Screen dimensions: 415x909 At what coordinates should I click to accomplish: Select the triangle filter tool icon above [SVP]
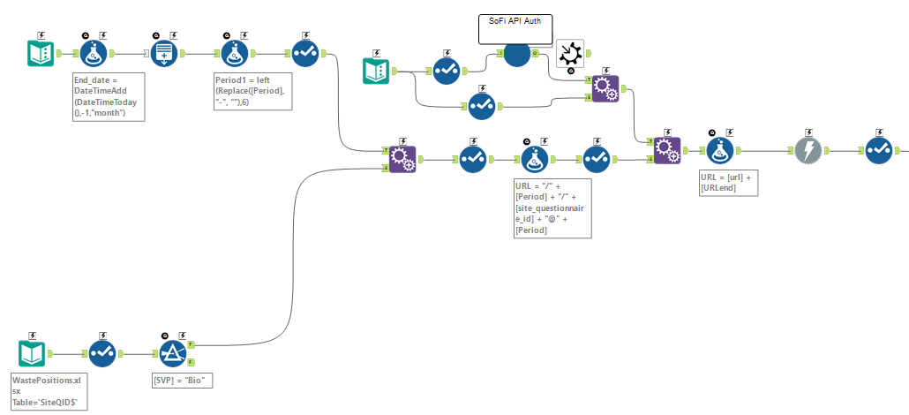coord(174,353)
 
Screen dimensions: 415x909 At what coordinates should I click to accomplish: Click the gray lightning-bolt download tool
coord(807,150)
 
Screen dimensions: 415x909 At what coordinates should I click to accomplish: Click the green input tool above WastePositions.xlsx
coord(32,353)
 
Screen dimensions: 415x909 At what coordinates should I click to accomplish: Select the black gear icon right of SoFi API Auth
coord(571,54)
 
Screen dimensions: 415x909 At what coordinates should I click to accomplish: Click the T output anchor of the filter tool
coord(192,344)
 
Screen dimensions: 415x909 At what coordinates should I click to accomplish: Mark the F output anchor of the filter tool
coord(192,362)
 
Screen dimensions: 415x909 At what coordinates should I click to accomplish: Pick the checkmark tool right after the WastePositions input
coord(102,353)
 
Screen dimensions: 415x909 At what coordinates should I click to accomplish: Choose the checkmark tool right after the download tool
coord(878,150)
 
